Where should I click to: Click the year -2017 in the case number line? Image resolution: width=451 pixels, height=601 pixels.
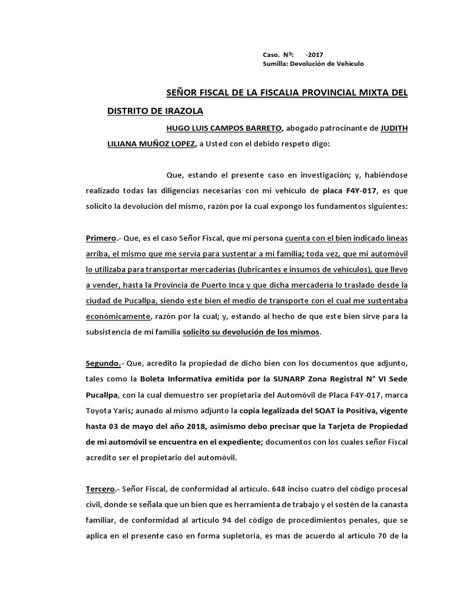click(314, 54)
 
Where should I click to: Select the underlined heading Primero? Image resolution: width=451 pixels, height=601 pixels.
click(101, 238)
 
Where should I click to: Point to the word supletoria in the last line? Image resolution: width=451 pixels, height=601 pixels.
click(285, 536)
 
